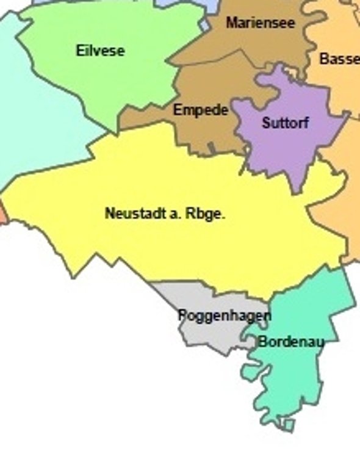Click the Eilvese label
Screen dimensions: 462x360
pos(100,51)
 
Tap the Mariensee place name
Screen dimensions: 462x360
pos(261,23)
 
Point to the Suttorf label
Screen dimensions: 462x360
pos(286,123)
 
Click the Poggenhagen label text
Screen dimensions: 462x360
pos(225,316)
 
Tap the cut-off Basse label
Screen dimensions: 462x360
pos(339,59)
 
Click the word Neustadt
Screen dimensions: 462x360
pos(130,214)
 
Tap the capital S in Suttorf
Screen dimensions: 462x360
pos(266,123)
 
